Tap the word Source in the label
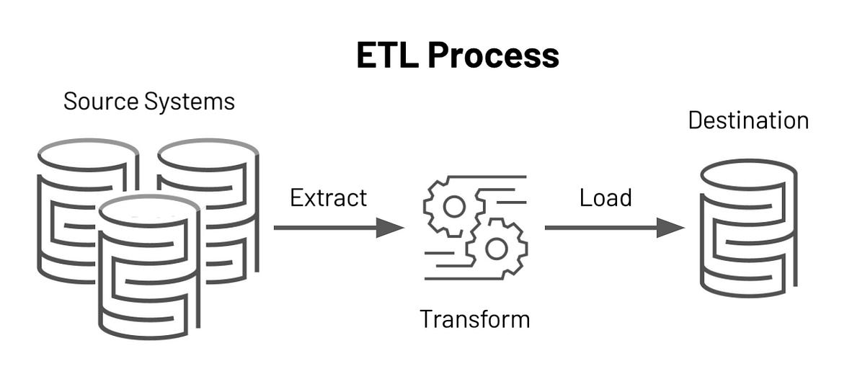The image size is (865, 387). click(x=100, y=101)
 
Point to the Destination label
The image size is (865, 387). click(x=748, y=120)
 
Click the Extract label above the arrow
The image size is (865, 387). click(x=328, y=197)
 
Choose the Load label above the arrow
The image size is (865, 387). click(x=605, y=197)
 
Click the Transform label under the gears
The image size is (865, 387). click(x=475, y=319)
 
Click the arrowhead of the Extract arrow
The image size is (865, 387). click(x=390, y=228)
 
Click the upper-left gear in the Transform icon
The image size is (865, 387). click(x=453, y=207)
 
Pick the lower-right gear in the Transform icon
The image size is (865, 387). click(x=497, y=249)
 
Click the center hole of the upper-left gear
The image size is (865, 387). click(x=453, y=207)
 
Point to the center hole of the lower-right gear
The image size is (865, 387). click(x=497, y=249)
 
